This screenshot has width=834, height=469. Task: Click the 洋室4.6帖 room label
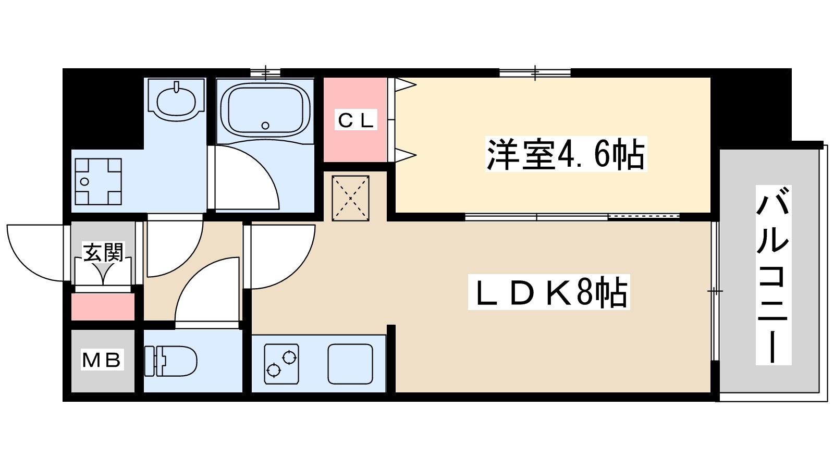click(x=566, y=154)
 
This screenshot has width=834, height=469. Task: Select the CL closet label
click(x=356, y=121)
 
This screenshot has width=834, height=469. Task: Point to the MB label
click(x=102, y=360)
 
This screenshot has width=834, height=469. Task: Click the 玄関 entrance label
click(x=104, y=253)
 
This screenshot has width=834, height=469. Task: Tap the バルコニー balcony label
click(x=773, y=275)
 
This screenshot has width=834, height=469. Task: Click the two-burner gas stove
click(x=281, y=364)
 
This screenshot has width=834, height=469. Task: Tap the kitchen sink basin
click(x=350, y=364)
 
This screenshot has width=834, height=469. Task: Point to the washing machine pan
click(x=98, y=181)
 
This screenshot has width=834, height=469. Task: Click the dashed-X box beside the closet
click(x=350, y=198)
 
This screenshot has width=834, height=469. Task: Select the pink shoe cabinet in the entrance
click(x=103, y=306)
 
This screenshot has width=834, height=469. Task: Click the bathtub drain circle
click(x=265, y=126)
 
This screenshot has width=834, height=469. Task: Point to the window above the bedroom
click(x=535, y=73)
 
